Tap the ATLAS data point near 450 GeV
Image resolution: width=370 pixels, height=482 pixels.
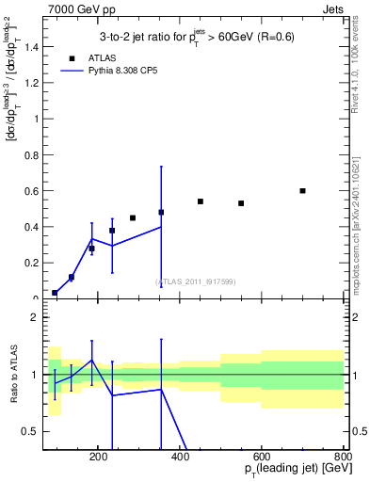201,201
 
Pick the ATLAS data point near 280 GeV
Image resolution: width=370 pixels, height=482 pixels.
133,217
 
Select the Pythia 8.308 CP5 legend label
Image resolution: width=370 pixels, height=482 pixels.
130,71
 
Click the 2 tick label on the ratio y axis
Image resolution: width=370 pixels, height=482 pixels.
35,317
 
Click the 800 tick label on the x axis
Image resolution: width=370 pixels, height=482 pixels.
342,456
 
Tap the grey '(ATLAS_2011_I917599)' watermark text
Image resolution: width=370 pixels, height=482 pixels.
195,281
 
